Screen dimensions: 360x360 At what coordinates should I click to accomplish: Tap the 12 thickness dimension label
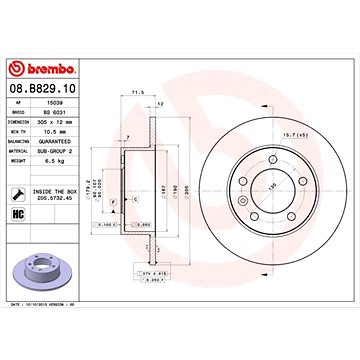[x=160, y=103]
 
